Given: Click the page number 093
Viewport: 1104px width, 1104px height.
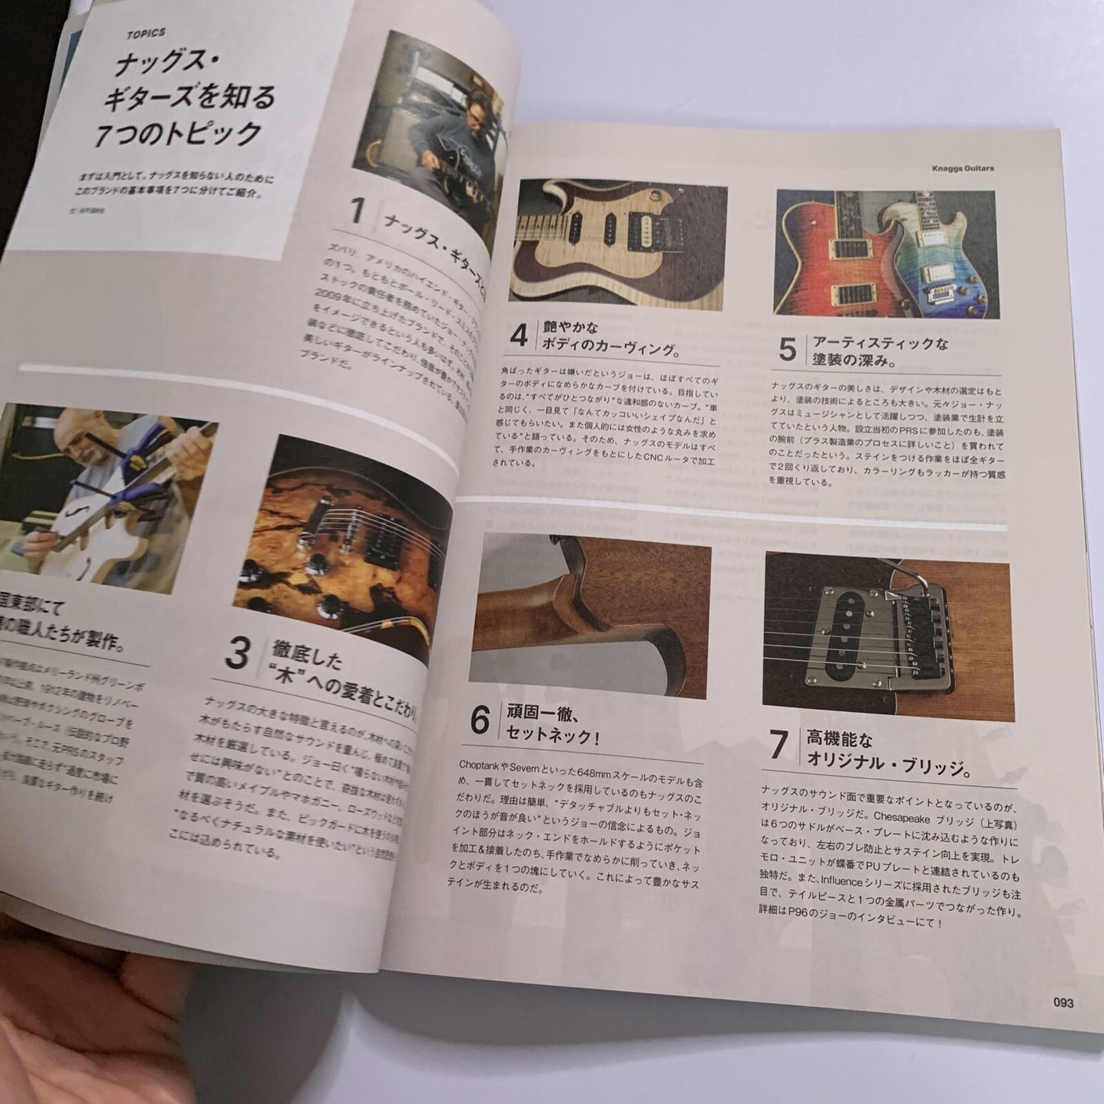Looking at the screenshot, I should pyautogui.click(x=1063, y=1002).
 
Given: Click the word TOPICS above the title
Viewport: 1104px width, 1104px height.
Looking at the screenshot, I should pyautogui.click(x=147, y=33).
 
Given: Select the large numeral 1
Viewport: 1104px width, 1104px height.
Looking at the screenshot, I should pyautogui.click(x=357, y=212).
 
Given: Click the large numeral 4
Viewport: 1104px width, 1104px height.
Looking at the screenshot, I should pyautogui.click(x=519, y=336).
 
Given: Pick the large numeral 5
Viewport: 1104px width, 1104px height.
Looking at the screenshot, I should pyautogui.click(x=788, y=348).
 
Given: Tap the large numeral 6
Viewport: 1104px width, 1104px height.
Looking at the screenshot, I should pyautogui.click(x=479, y=720).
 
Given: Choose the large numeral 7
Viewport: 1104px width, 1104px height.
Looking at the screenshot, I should pyautogui.click(x=779, y=746).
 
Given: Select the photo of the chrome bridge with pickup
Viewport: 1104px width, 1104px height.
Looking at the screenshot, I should pyautogui.click(x=887, y=638).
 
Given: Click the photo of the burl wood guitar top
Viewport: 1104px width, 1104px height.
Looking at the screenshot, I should pyautogui.click(x=351, y=550).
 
